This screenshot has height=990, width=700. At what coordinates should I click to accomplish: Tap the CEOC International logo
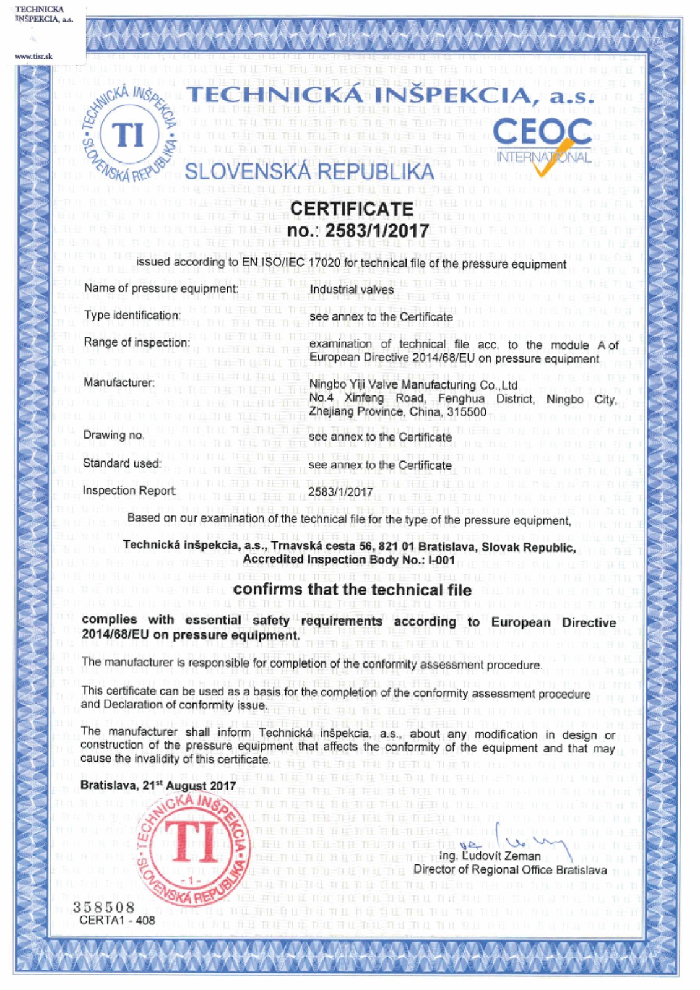coord(543,144)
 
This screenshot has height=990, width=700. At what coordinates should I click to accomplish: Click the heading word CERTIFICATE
coord(352,209)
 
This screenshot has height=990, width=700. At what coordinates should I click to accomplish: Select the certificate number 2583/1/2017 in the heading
coord(378,231)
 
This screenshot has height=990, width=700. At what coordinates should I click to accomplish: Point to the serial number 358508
coord(104,907)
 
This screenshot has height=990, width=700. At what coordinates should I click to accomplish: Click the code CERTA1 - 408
coord(118,920)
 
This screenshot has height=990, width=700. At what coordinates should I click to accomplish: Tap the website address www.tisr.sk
coord(33,56)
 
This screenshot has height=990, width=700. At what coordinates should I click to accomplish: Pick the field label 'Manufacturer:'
coord(119,383)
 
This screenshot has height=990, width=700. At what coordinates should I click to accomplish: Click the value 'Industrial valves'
coord(352,290)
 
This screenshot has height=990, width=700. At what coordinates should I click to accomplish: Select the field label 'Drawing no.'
coord(114,435)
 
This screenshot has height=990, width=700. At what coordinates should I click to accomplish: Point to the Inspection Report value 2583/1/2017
coord(341,492)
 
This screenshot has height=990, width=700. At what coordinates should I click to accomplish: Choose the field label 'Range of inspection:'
coord(137,343)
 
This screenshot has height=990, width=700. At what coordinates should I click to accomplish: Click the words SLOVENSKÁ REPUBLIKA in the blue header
coord(309,171)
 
